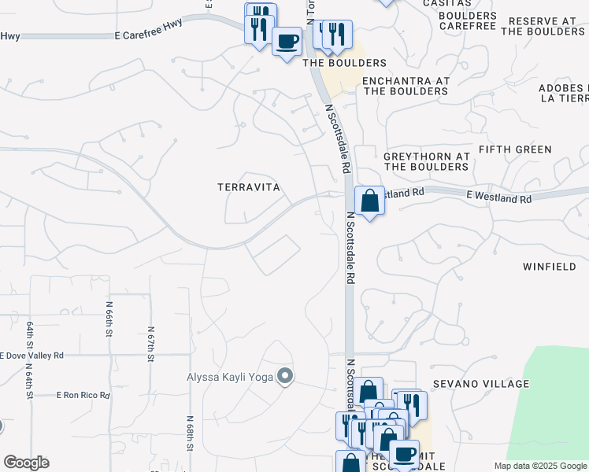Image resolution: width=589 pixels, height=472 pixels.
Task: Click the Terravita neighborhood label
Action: tap(249, 186)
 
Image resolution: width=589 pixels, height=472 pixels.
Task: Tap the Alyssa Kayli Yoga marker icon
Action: tap(285, 377)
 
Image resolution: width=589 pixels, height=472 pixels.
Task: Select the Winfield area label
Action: tap(549, 267)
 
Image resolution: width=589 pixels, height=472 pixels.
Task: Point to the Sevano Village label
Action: tap(481, 384)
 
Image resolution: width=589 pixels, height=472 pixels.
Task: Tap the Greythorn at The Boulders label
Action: tap(426, 161)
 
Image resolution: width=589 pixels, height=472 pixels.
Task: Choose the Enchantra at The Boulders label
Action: tap(406, 86)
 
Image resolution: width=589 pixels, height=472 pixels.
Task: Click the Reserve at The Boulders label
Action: tap(543, 26)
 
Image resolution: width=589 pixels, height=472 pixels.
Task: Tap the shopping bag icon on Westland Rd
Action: tap(369, 201)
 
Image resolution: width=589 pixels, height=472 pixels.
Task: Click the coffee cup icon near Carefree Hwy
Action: tap(287, 39)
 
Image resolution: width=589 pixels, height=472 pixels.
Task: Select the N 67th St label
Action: tap(150, 345)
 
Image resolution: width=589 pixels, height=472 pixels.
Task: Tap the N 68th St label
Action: tap(190, 433)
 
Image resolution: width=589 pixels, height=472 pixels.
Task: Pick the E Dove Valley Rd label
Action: tap(31, 356)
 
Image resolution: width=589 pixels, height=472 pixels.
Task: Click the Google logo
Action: tap(26, 463)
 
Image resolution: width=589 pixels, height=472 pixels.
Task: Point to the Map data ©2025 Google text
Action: tap(539, 466)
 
